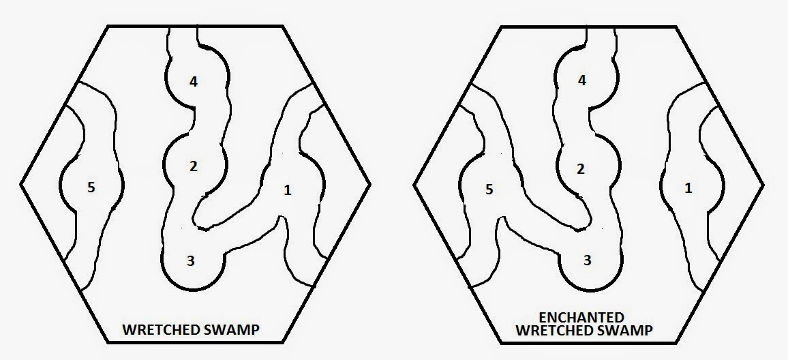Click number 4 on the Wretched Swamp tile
[194, 81]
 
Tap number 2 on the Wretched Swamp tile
[194, 166]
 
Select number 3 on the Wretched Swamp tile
[190, 261]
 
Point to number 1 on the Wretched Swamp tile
[288, 190]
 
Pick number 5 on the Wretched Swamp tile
[91, 187]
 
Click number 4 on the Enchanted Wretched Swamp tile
[582, 80]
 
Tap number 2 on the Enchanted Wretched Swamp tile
[581, 169]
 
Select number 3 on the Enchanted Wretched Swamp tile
[588, 260]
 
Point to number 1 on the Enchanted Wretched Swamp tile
[688, 188]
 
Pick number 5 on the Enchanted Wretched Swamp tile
[489, 190]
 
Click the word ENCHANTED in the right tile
[581, 318]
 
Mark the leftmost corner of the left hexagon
[20, 185]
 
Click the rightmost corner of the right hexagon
[764, 185]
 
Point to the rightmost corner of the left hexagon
[370, 185]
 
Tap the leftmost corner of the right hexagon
[414, 185]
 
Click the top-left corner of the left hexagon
[108, 26]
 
